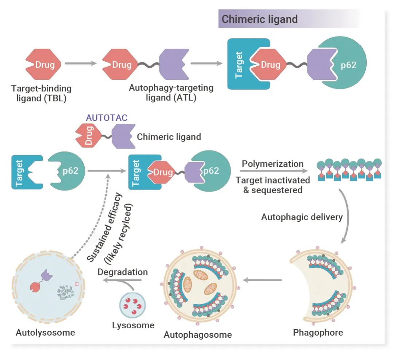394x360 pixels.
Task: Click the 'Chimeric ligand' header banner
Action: pos(288,19)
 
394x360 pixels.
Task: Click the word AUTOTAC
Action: pos(107,118)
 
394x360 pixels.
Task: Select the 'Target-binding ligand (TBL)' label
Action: pos(41,93)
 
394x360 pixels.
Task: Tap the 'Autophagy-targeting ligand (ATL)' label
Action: pos(171,93)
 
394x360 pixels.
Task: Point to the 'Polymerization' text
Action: pos(273,163)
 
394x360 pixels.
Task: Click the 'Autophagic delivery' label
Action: pos(302,217)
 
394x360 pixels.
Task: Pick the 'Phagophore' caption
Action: pos(318,333)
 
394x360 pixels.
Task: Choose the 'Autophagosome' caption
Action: pos(198,334)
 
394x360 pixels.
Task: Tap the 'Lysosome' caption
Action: pos(133,325)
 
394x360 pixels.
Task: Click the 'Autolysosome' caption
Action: pos(45,332)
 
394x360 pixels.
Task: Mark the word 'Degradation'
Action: pos(123,272)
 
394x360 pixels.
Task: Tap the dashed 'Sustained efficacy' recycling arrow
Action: pos(96,219)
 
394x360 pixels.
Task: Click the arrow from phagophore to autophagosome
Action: pos(263,280)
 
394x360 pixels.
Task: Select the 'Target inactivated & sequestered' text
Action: pos(273,185)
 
